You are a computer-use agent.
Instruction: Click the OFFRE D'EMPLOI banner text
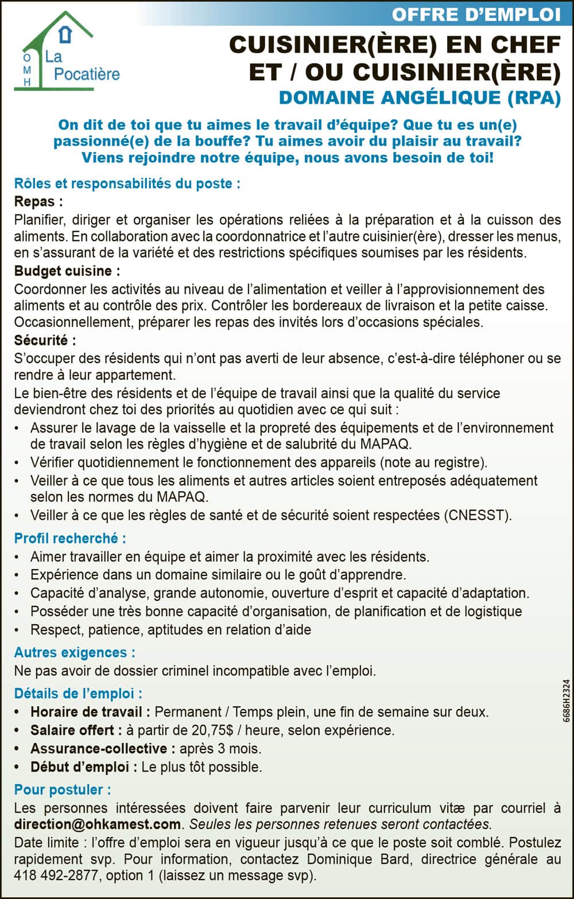coord(476,14)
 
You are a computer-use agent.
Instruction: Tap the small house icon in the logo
coord(67,34)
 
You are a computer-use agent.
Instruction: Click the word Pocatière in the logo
coord(87,74)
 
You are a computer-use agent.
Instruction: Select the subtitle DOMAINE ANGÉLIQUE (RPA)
coord(420,98)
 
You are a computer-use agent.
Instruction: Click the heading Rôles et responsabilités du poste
coord(127,184)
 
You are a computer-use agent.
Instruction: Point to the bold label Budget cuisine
coord(67,271)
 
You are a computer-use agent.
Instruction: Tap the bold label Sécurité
coord(45,340)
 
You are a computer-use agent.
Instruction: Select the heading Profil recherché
coord(70,538)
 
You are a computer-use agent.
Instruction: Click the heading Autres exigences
coord(75,652)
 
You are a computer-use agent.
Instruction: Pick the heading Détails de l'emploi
coord(78,694)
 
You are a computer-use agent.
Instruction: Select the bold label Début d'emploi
coord(84,767)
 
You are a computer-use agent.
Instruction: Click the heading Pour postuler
coord(63,789)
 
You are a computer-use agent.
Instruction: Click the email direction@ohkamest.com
coord(98,824)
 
